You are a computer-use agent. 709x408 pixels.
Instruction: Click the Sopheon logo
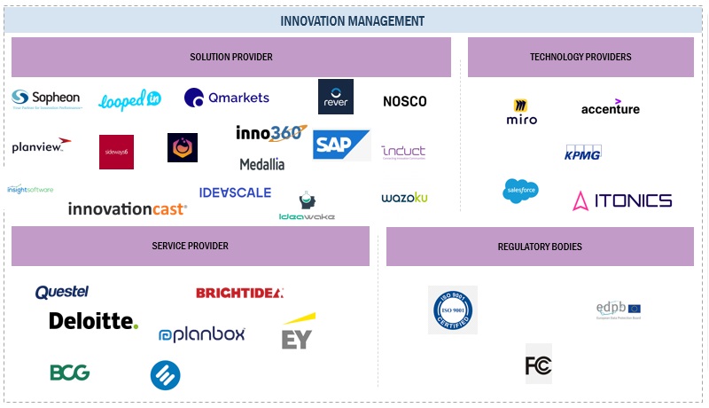(46, 98)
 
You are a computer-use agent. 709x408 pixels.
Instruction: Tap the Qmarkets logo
(227, 98)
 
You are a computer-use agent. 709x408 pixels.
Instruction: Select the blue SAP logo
(341, 145)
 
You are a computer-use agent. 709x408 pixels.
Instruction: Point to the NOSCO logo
(405, 101)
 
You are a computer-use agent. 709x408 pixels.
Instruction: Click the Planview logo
(41, 145)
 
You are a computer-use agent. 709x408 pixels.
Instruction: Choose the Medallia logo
(262, 164)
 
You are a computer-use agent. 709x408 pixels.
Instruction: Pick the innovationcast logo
(128, 209)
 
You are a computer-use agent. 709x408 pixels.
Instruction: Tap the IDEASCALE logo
(235, 192)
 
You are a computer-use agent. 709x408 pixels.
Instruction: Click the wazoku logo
(404, 197)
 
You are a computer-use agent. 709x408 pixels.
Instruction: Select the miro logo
(521, 112)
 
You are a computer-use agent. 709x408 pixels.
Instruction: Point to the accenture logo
(611, 107)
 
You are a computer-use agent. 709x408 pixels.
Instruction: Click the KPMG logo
(582, 153)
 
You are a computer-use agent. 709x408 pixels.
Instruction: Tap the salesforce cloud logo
(520, 191)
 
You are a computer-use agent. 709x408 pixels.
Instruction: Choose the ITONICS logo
(622, 200)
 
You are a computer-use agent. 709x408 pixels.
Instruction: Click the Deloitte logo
(94, 321)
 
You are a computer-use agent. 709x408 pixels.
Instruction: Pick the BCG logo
(69, 373)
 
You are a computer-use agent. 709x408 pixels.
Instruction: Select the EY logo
(298, 332)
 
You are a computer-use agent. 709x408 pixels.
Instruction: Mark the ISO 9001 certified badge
(453, 310)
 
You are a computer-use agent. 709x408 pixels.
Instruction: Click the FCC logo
(538, 364)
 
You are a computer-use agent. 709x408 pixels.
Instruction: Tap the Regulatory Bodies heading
(540, 247)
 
